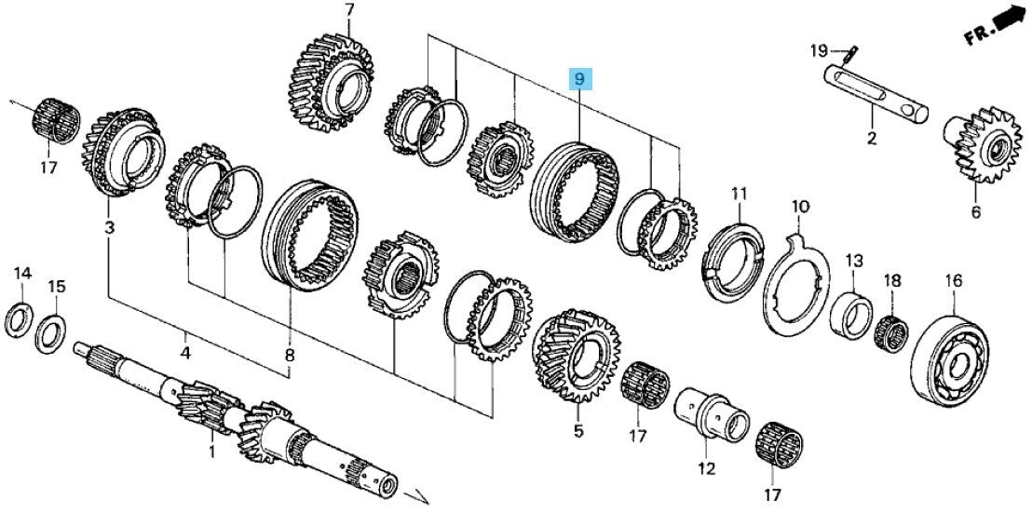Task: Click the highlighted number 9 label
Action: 579,79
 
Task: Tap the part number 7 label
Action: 349,10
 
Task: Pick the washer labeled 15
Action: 50,333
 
